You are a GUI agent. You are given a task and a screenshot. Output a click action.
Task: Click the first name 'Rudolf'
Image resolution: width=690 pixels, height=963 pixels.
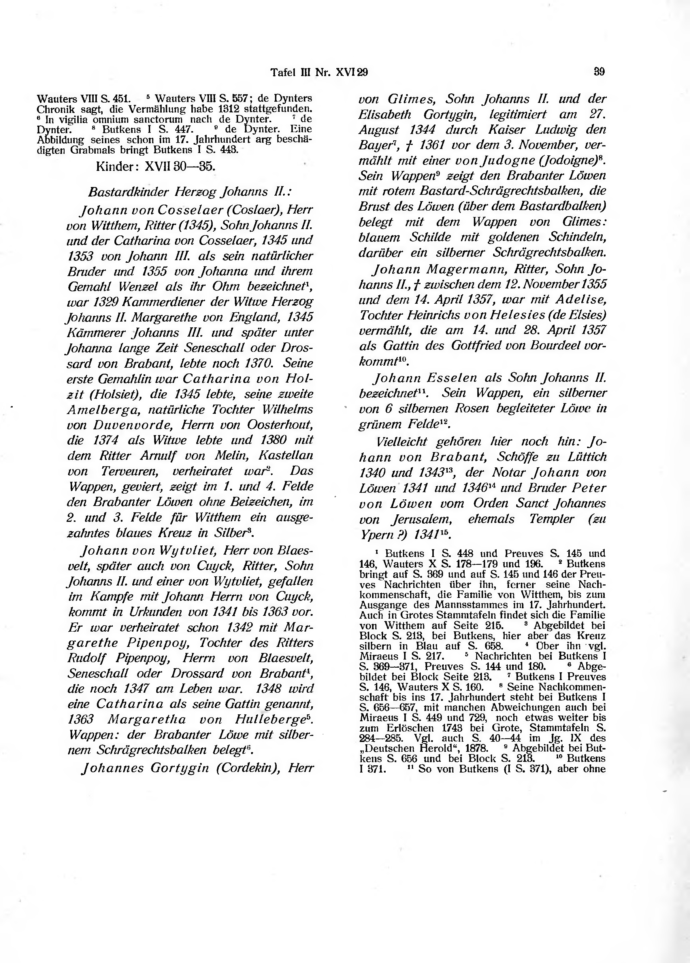click(86, 658)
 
